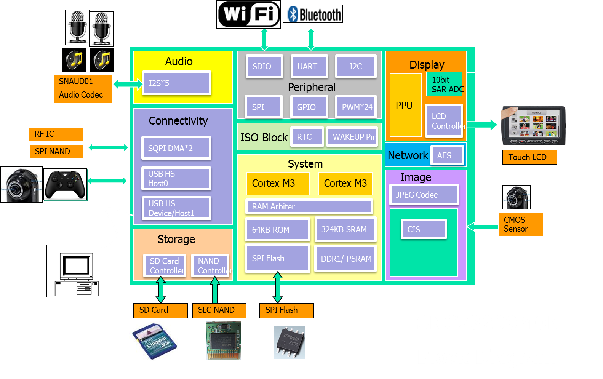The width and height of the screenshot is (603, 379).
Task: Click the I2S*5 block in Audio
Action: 176,83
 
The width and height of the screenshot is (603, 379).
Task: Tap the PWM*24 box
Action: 356,107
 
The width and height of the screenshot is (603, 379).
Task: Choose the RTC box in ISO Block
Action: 307,137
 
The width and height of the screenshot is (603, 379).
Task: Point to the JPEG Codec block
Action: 424,195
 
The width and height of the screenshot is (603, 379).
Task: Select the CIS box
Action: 423,229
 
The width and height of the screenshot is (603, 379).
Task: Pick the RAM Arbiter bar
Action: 309,206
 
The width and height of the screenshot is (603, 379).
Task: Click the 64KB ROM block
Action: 278,230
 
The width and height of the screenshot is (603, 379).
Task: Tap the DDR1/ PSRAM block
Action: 345,259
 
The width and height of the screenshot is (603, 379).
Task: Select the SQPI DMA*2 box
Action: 176,148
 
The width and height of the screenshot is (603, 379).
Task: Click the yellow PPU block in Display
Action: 405,105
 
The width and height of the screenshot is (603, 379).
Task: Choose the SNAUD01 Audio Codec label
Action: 83,88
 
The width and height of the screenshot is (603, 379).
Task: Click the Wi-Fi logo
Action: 249,14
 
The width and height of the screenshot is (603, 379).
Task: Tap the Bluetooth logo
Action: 313,14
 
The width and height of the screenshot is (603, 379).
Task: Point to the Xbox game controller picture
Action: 65,184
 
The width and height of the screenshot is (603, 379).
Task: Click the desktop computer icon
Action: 74,271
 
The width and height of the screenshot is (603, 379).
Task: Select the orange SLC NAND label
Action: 219,310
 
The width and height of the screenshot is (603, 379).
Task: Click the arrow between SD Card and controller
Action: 161,289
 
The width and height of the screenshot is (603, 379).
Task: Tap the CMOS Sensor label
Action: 520,224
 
